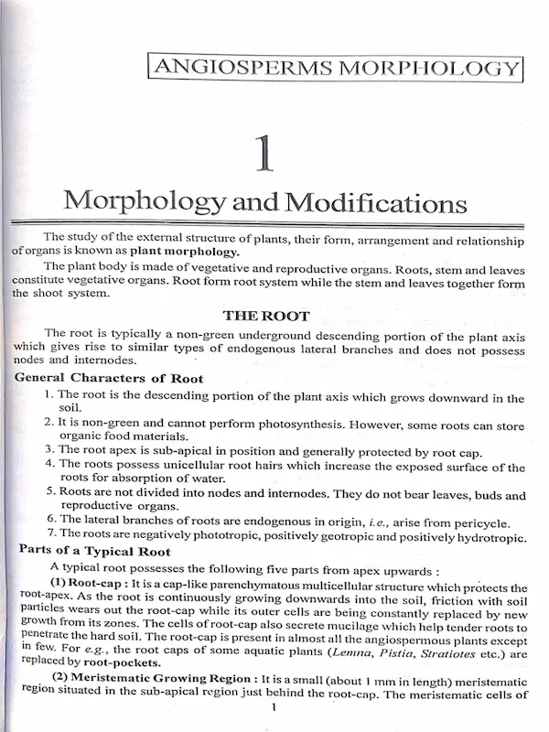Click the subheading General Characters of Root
109,379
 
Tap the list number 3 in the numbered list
50,451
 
